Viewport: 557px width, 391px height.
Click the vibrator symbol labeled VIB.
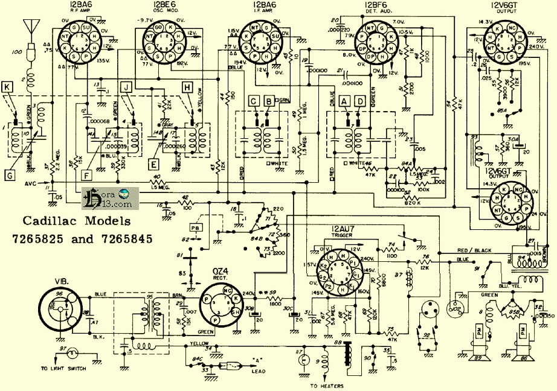pos(59,308)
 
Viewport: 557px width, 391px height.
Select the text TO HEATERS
pos(326,386)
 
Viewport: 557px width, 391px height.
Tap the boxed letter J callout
pos(126,87)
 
